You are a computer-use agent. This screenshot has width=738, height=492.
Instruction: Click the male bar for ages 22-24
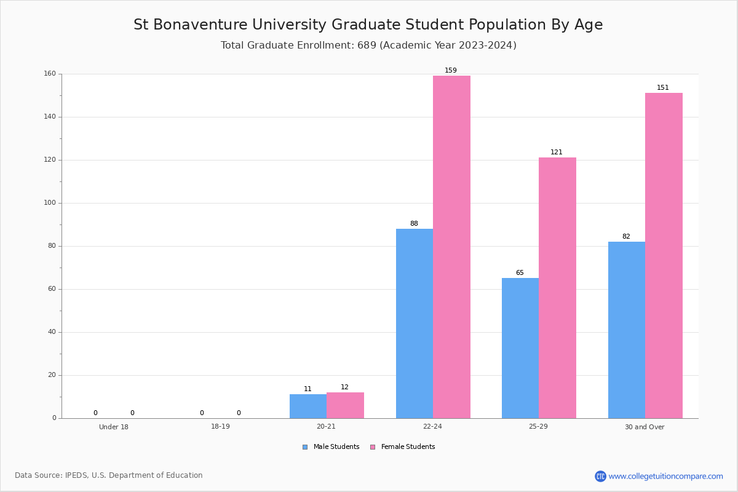coord(414,323)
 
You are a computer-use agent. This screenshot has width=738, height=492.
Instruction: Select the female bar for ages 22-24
coord(451,247)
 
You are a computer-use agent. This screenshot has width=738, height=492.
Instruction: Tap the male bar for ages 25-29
coord(520,348)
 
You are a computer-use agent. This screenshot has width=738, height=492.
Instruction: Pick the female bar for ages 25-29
coord(557,288)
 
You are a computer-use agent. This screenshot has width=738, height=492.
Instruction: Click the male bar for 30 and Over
coord(626,330)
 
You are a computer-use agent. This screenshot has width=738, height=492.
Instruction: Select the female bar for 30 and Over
coord(664,256)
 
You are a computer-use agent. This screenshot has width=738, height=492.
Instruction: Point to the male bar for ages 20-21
coord(308,407)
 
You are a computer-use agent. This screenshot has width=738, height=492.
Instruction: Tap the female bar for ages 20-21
coord(345,405)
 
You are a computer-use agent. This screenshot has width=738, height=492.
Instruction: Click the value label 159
coord(451,71)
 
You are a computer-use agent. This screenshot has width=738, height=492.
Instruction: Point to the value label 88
coord(414,224)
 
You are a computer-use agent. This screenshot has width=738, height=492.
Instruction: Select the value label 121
coord(557,153)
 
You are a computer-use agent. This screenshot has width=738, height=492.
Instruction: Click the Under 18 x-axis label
coord(114,427)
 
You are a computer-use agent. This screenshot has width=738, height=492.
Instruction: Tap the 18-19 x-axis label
coord(220,427)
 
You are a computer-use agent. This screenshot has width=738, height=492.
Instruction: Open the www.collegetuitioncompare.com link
coord(665,476)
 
